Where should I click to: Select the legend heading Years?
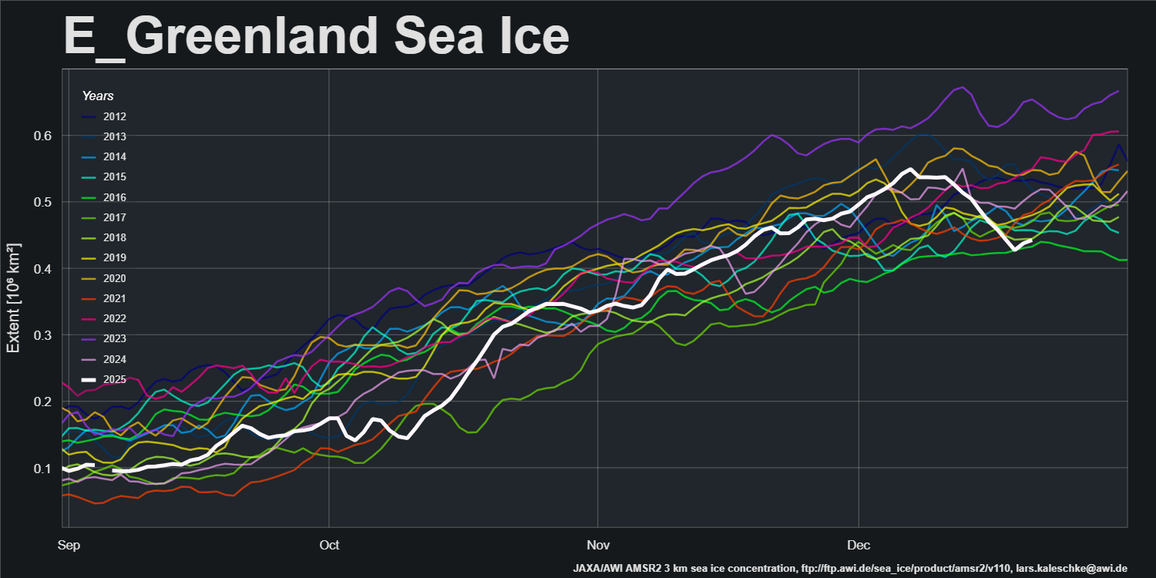point(98,96)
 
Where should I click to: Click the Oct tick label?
point(329,546)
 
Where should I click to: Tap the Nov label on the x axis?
point(597,546)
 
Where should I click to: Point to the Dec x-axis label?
point(859,546)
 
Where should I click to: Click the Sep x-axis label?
point(69,546)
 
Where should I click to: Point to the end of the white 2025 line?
point(1031,240)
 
